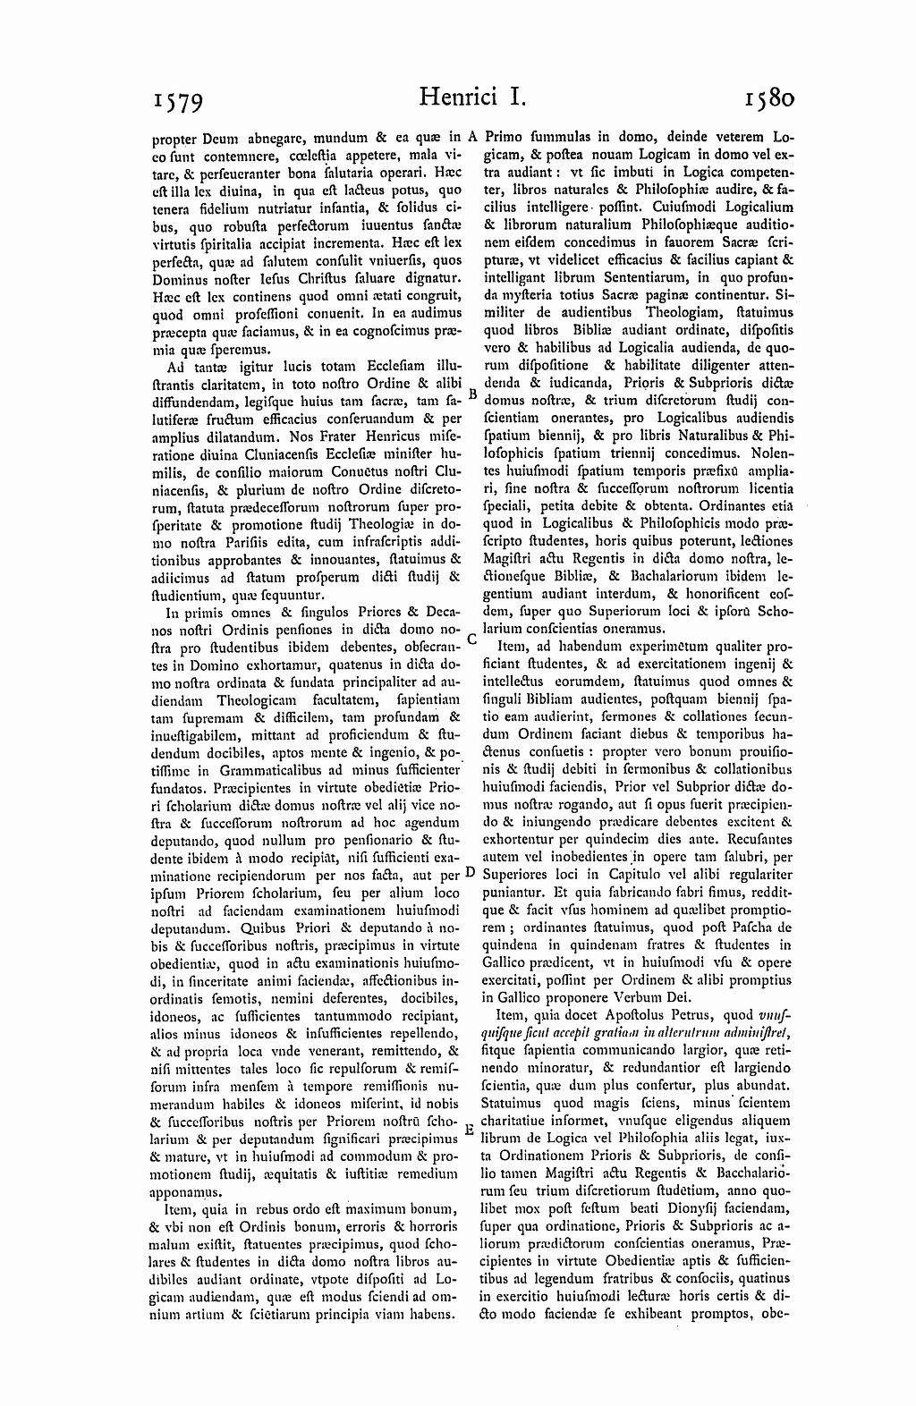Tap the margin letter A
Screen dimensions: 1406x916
474,138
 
